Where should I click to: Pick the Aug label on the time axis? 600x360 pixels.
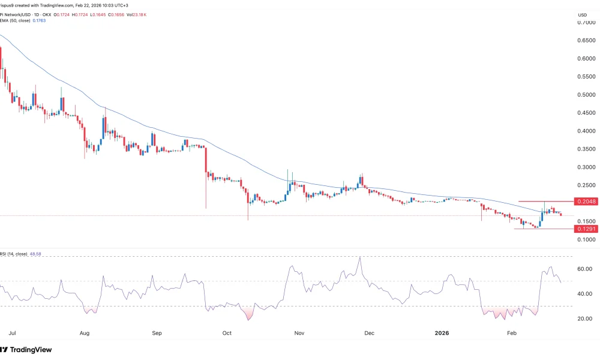(x=85, y=332)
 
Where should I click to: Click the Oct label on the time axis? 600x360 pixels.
(x=227, y=332)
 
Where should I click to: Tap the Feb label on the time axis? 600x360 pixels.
(x=512, y=332)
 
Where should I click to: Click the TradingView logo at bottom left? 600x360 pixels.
(x=26, y=349)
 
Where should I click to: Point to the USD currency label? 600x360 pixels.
(x=582, y=14)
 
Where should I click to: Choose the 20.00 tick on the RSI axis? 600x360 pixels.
(x=584, y=319)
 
